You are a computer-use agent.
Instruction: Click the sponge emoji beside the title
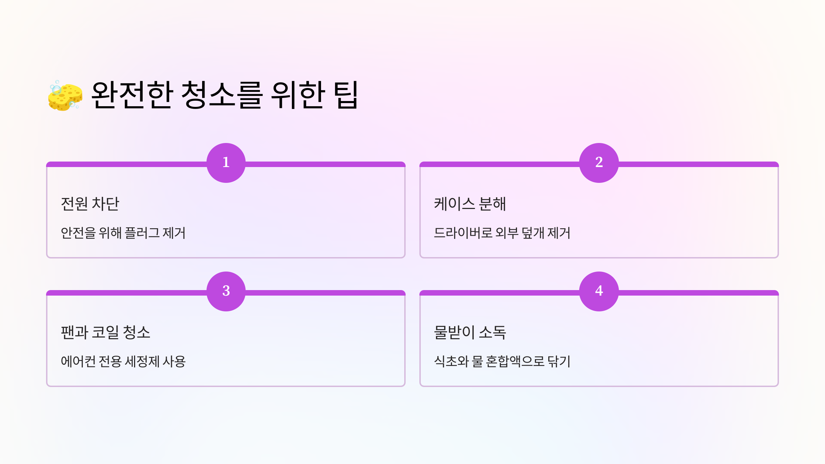(65, 96)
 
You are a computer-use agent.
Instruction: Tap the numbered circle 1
(226, 163)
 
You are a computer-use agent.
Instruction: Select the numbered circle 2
(599, 163)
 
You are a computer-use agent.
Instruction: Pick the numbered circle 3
(226, 291)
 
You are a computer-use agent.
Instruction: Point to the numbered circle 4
(599, 291)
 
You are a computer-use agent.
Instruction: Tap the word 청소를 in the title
(222, 95)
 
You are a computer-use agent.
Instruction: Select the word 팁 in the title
(347, 95)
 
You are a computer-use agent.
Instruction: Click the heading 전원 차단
(90, 204)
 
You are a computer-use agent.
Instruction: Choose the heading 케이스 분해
(470, 204)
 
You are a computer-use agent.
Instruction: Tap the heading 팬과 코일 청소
(106, 332)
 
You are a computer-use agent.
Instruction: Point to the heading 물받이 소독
(470, 332)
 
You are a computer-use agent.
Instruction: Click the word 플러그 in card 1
(142, 233)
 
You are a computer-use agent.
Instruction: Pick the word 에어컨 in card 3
(78, 362)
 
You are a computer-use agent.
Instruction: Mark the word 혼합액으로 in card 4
(515, 362)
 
